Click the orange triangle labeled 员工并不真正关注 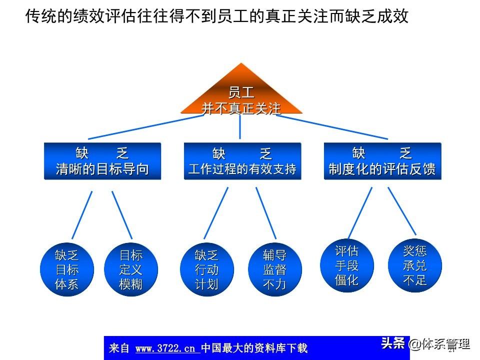coord(241,97)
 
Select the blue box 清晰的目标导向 coord(102,161)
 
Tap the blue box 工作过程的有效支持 coord(242,161)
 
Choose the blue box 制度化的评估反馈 coord(382,161)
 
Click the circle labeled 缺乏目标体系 coord(66,270)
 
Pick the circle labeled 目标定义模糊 coord(131,270)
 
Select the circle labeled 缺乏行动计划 coord(206,270)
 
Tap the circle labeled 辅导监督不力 coord(274,270)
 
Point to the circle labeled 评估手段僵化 coord(346,265)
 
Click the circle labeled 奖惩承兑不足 coord(414,265)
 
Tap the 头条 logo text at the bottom coord(392,343)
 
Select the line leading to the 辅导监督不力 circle coord(266,213)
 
